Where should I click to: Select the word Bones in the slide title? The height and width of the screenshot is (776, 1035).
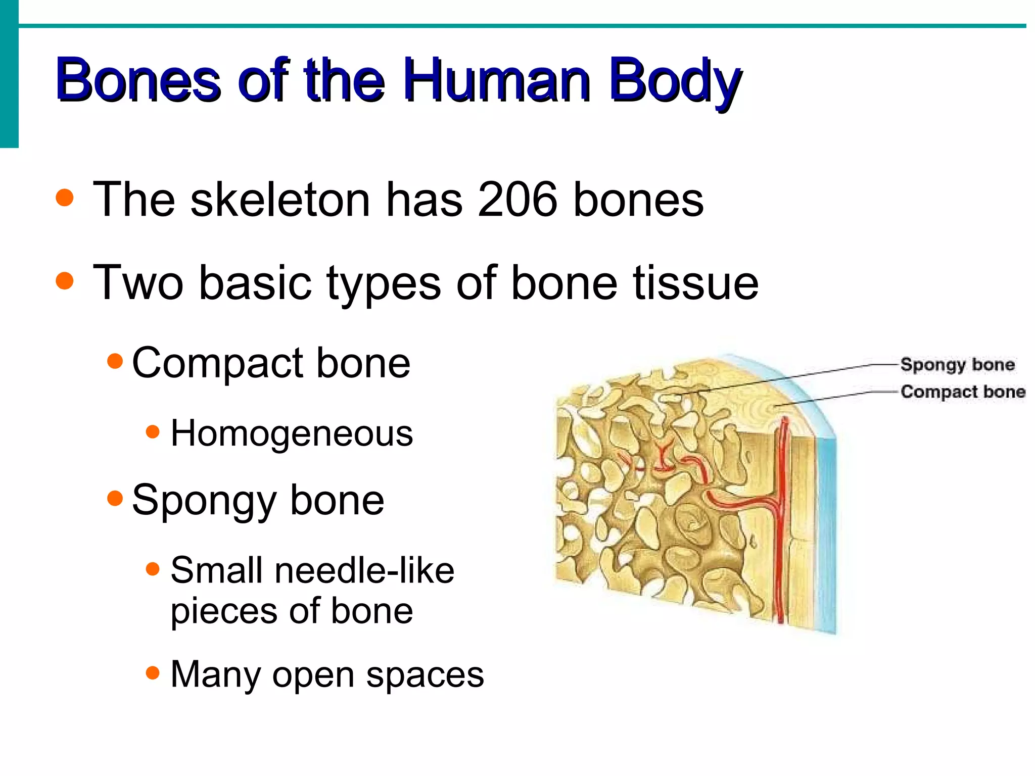[138, 81]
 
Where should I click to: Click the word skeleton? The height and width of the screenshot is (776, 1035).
[280, 200]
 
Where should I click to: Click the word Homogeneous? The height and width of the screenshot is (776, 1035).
[292, 433]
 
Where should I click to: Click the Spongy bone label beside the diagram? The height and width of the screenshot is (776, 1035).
[957, 365]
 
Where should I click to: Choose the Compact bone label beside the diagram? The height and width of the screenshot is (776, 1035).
[963, 392]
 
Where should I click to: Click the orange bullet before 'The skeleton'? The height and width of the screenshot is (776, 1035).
[65, 198]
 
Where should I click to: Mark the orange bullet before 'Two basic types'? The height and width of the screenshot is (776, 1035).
[65, 280]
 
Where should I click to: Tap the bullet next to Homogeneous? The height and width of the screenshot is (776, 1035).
[152, 432]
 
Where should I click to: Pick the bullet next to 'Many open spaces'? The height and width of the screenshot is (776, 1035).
[152, 672]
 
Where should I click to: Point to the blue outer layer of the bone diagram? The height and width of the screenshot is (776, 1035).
[826, 530]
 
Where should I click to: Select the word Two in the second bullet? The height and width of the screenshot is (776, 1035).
[138, 283]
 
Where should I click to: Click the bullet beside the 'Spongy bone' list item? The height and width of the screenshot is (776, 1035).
[115, 499]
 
